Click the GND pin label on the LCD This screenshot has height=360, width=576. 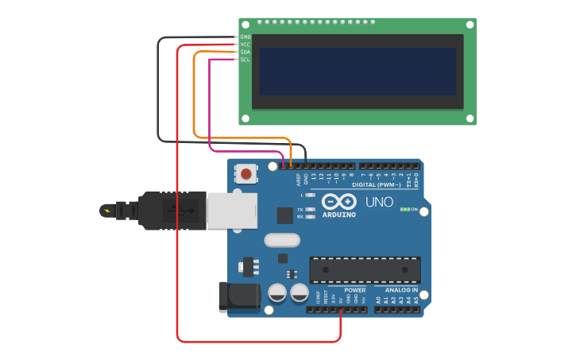245,37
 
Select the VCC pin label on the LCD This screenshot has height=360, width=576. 245,45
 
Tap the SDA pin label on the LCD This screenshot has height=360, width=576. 245,52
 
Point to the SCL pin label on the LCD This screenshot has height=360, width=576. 245,60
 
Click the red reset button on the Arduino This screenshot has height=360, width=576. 246,173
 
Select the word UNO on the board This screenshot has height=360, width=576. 379,202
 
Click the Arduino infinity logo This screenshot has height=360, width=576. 338,202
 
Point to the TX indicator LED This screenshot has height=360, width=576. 310,209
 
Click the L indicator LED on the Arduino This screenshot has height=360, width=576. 310,195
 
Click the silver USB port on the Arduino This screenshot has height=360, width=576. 231,209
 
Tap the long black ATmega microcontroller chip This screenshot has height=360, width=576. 365,269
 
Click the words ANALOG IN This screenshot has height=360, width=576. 402,290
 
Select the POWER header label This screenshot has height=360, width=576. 354,290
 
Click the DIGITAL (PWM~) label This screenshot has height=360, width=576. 386,185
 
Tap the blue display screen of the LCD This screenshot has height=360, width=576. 358,72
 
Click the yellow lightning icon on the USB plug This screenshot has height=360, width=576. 106,211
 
